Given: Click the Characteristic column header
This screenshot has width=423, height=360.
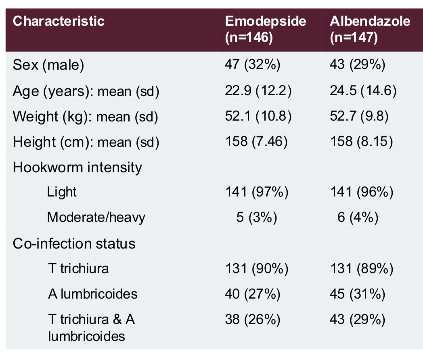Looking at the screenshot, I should coord(59,21).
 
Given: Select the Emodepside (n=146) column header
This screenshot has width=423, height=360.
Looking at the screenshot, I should coord(265,29).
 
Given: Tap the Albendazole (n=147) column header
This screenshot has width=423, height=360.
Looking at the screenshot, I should coord(370,29).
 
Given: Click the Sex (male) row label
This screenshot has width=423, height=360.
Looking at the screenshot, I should coord(48,65).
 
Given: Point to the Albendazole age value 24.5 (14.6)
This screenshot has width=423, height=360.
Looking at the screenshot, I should coord(363,90).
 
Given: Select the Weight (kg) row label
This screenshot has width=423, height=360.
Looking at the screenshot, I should coord(85,116).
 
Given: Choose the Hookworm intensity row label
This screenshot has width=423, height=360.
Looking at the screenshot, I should coord(77,167).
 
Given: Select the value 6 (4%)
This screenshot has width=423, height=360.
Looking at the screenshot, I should coord(358,218).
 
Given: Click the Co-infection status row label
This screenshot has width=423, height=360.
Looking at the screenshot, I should coord(74,243).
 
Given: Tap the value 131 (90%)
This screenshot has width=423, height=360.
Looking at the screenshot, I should coord(256,268).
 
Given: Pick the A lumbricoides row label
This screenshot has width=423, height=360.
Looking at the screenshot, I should coord(92,294).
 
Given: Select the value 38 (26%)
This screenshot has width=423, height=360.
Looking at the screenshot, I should coord(252,319).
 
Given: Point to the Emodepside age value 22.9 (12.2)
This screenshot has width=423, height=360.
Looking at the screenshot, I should coord(258,90).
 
